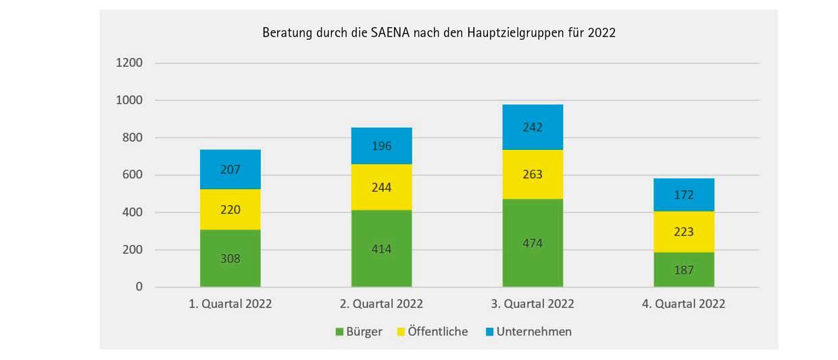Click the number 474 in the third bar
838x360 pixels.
533,243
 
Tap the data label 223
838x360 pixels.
684,232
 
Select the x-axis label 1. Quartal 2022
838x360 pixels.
230,304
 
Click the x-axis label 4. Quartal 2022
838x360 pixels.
684,304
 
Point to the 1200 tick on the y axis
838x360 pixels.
130,63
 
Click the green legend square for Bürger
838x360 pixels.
340,332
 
